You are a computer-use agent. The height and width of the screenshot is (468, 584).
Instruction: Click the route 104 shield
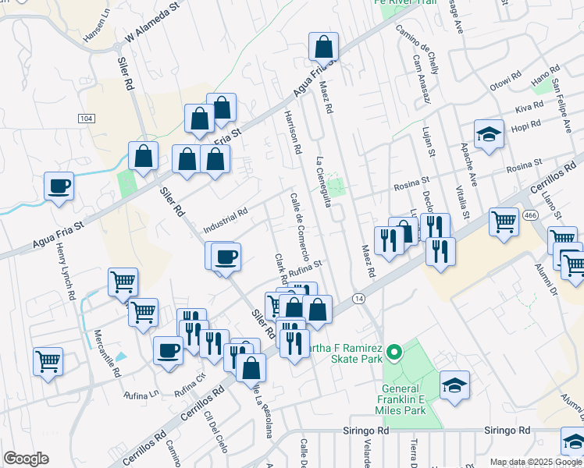point(87,118)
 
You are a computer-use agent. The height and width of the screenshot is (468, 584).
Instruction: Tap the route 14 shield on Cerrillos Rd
point(358,299)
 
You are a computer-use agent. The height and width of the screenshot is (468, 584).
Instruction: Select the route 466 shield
point(530,214)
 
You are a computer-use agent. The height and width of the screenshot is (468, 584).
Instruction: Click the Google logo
point(26,459)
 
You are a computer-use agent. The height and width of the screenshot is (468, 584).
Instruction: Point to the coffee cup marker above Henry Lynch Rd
point(59,186)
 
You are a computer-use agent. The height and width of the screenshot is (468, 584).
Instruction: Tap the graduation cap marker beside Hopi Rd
point(489,134)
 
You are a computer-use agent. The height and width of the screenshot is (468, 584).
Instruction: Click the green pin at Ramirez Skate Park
point(394,353)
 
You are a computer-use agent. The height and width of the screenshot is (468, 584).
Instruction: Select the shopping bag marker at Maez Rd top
point(323,48)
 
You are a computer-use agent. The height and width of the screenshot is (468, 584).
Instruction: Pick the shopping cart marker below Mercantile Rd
point(48,362)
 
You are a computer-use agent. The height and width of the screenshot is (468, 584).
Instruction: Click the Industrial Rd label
point(225,220)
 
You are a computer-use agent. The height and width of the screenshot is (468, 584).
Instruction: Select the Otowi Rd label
point(504,80)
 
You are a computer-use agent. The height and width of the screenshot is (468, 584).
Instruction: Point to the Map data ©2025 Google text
point(536,462)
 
